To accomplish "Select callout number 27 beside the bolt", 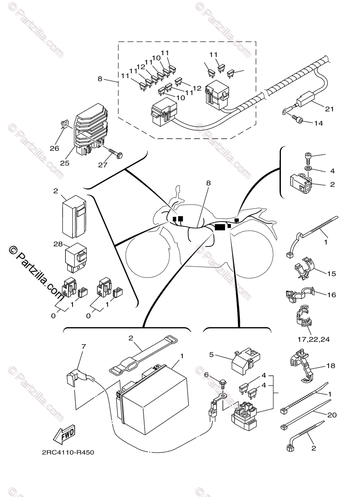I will pyautogui.click(x=102, y=165).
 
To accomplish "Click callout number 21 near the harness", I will pyautogui.click(x=329, y=109).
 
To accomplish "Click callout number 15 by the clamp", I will pyautogui.click(x=331, y=274).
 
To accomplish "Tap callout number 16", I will pyautogui.click(x=331, y=295).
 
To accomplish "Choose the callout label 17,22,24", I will pyautogui.click(x=313, y=340).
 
